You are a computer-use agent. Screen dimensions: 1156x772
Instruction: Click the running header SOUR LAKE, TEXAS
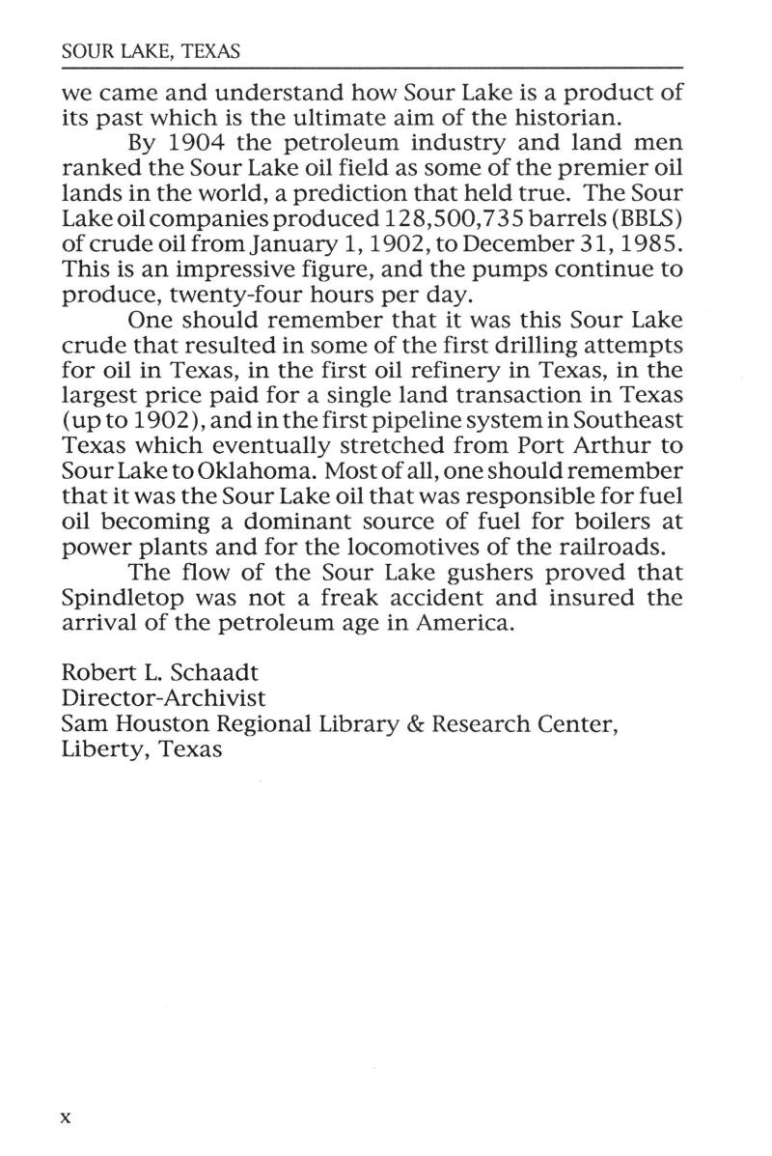150,51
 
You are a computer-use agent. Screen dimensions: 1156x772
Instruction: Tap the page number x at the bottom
67,1116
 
